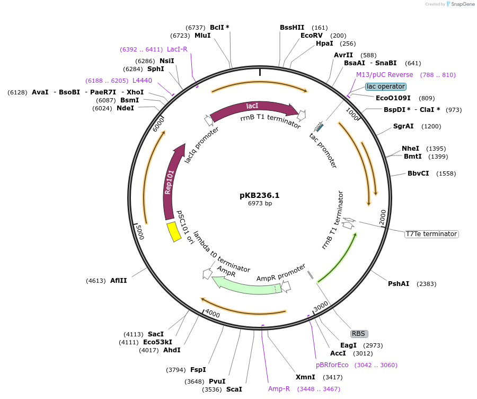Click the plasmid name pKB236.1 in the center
coord(259,195)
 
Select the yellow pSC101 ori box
coord(173,232)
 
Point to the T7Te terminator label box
coord(431,234)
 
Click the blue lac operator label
coord(386,86)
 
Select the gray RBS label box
coord(359,334)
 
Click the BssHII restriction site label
coord(293,28)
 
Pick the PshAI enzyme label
coord(399,284)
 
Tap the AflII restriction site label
coord(119,281)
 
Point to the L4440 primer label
coord(142,81)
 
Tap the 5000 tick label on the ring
coord(139,232)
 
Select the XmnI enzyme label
coord(305,377)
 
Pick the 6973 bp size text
coord(260,203)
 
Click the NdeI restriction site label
coord(126,108)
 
